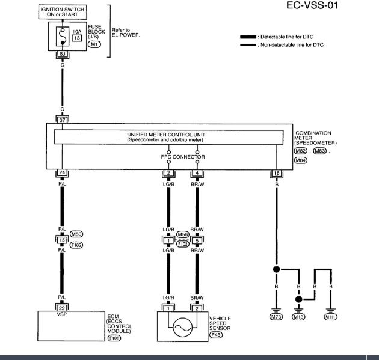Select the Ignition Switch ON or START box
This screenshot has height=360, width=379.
pyautogui.click(x=63, y=13)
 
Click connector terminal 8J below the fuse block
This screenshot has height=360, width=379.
pyautogui.click(x=62, y=54)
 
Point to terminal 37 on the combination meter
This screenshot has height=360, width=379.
pyautogui.click(x=62, y=120)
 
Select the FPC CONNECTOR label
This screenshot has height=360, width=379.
pyautogui.click(x=183, y=157)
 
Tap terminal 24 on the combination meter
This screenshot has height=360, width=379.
pyautogui.click(x=62, y=173)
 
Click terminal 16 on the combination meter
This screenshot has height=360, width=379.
pyautogui.click(x=276, y=173)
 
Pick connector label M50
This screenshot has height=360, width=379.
pyautogui.click(x=76, y=233)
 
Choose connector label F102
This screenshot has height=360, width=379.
pyautogui.click(x=182, y=244)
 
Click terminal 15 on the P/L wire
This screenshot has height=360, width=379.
pyautogui.click(x=62, y=240)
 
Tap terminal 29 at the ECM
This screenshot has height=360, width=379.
pyautogui.click(x=62, y=308)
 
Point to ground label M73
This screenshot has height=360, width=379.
pyautogui.click(x=276, y=316)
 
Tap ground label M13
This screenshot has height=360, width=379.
pyautogui.click(x=298, y=316)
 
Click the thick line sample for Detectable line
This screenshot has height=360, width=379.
pyautogui.click(x=248, y=37)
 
